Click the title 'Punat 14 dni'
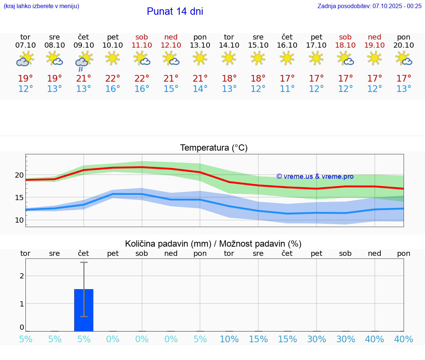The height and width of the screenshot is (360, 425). pos(175,11)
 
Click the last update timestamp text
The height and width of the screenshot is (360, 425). pos(369,6)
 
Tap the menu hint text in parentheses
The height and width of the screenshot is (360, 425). pos(41,6)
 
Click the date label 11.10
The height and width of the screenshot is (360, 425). pos(142,45)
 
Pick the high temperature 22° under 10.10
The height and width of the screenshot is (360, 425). pos(113,78)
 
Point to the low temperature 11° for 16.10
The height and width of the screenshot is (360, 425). pos(287,89)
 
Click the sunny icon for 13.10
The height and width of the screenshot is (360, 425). pos(200,58)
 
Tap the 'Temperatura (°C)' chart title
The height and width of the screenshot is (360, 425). pos(214,148)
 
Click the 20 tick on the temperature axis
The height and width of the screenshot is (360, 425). pos(19,175)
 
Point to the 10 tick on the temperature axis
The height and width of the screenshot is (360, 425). pos(19,220)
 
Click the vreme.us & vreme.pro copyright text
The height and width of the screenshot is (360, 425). pos(315,176)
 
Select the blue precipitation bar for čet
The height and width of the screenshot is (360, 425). pos(84,310)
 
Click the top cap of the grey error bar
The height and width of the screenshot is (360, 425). pos(84,262)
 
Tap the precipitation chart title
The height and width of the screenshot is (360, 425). pos(213,244)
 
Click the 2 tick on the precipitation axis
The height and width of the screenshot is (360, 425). pos(22,276)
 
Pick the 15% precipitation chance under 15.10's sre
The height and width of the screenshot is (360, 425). pos(258,339)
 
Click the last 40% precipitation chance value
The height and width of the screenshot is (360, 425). pos(404,339)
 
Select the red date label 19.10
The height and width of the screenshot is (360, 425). pos(374,45)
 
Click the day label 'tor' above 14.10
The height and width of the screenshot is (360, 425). pos(229,37)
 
